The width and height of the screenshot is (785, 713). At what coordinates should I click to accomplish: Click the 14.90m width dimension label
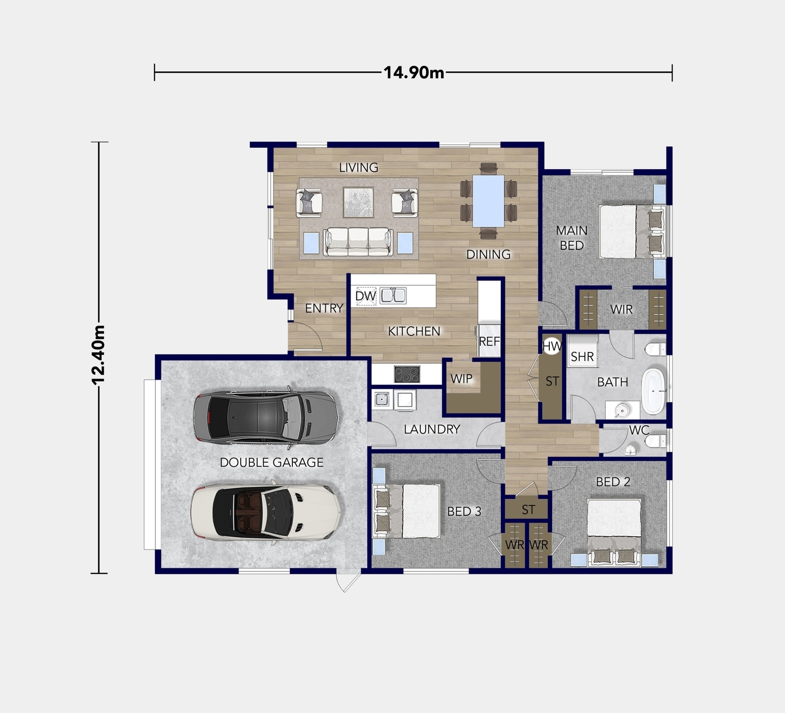413,73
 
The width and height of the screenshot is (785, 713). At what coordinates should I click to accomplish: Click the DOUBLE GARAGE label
271,463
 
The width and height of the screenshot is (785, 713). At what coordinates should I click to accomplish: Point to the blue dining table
488,201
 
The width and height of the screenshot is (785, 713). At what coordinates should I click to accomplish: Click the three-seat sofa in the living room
358,242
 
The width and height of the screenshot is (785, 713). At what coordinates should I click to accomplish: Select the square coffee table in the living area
358,202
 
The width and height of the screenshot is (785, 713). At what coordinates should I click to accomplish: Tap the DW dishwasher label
365,296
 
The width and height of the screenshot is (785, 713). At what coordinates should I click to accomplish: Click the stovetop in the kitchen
407,374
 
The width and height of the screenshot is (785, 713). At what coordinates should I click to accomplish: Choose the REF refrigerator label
489,341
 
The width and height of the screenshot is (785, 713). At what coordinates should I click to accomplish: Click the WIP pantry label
461,379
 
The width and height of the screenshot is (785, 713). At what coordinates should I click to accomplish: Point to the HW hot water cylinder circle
552,347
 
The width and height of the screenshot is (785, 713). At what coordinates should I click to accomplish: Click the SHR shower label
582,356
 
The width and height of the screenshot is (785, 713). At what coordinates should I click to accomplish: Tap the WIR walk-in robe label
621,309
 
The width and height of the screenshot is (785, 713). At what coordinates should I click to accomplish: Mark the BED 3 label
464,512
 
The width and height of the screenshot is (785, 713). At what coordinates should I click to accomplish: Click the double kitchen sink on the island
393,295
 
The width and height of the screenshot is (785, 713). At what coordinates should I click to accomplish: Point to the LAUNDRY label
432,429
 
